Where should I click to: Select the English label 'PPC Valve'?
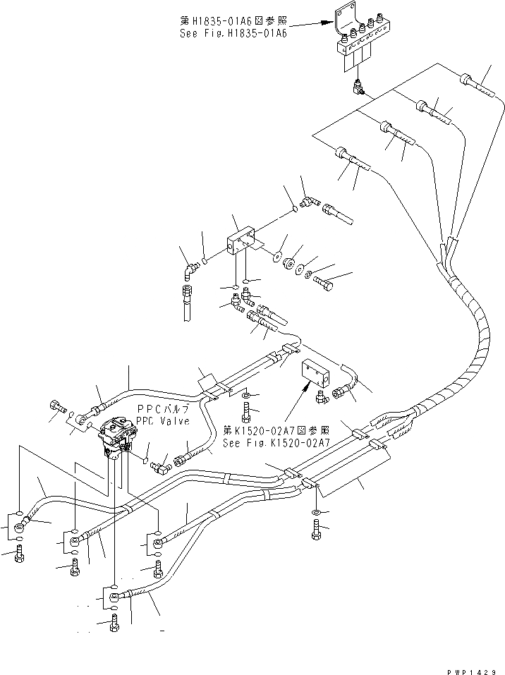(x=164, y=421)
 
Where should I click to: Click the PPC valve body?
(x=116, y=437)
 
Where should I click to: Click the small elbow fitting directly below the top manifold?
(x=357, y=87)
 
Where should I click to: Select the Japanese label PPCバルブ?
(x=163, y=410)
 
